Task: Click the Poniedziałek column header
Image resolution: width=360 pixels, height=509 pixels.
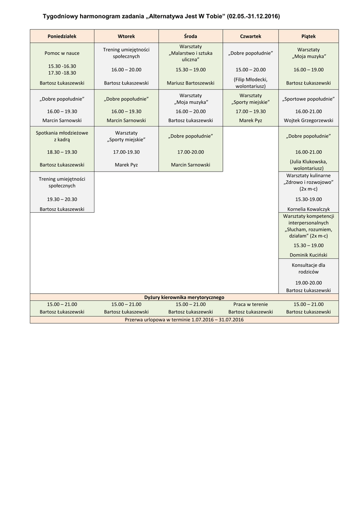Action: point(62,36)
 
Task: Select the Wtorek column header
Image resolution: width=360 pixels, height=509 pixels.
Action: point(126,36)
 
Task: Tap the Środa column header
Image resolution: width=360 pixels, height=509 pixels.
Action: point(190,36)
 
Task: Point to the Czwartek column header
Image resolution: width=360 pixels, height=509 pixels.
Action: point(251,36)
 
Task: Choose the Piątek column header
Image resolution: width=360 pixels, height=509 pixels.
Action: point(308,36)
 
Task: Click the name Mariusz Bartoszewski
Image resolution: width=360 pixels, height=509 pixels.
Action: point(190,83)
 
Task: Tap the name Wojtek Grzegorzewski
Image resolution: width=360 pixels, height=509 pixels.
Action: point(308,120)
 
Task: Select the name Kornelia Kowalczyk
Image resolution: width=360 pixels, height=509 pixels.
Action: point(308,209)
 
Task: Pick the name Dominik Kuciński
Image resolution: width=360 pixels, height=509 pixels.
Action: point(308,254)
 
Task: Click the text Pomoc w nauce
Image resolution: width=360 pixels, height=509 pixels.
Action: point(62,53)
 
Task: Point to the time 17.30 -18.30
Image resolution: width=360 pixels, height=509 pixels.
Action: point(62,73)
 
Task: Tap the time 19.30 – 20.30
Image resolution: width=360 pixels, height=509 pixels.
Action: point(62,199)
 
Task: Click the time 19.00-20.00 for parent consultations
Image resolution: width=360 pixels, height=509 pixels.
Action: point(308,282)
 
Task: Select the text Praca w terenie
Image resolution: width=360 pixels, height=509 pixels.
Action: point(251,304)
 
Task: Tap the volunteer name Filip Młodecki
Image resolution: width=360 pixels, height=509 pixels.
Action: point(251,80)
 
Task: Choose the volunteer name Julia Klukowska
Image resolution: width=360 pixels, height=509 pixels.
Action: point(308,162)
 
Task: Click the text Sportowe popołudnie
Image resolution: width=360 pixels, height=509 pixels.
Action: point(308,99)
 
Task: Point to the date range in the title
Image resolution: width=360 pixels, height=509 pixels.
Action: point(253,16)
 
